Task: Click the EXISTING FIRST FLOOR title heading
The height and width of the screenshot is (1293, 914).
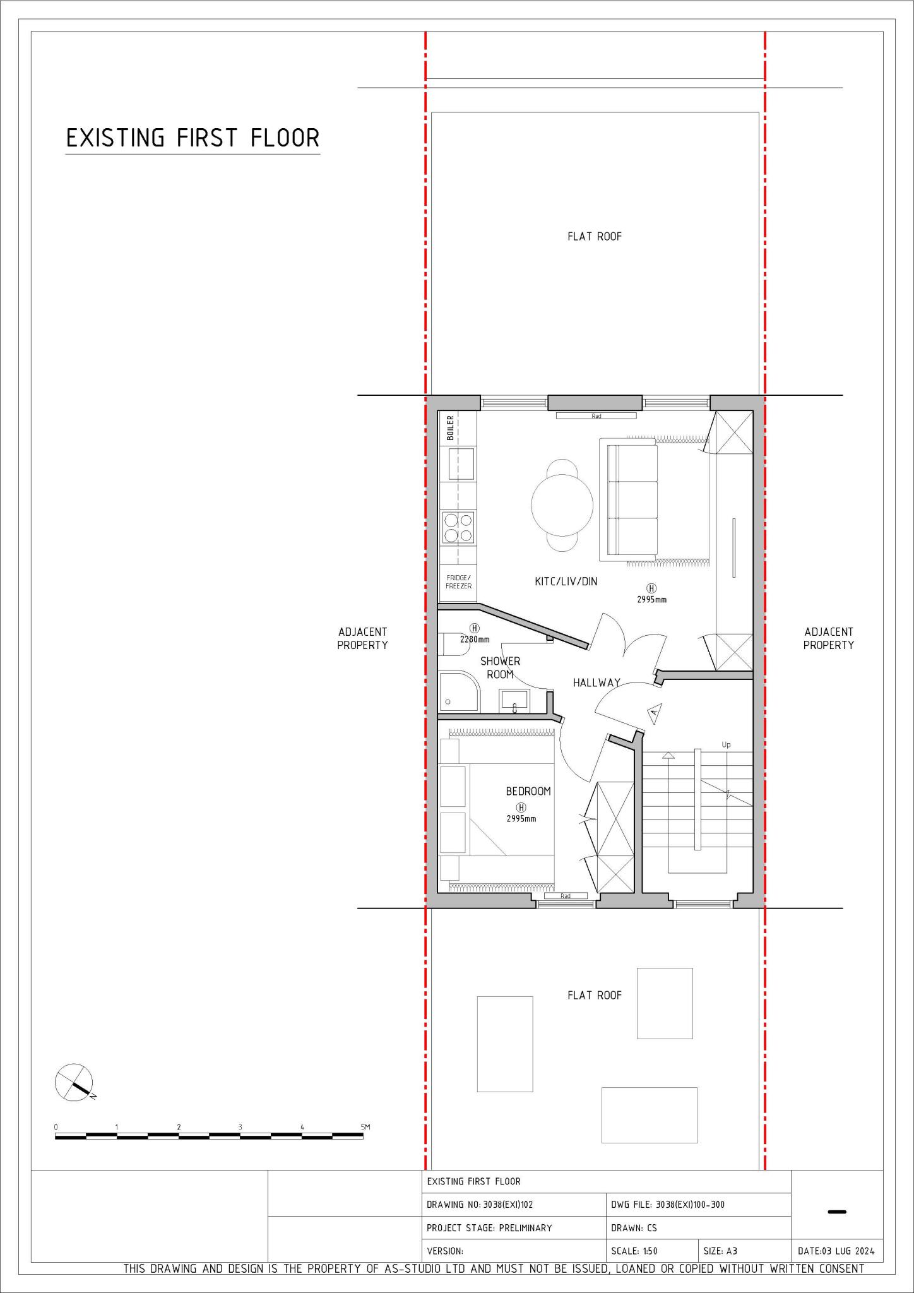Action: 193,138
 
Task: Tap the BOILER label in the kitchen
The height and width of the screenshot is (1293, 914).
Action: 450,427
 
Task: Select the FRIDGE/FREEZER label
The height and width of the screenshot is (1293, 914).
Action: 459,581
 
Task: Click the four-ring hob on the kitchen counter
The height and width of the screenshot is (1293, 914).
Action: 458,528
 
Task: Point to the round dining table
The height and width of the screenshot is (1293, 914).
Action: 562,505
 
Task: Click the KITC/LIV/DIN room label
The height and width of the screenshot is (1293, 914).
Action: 566,581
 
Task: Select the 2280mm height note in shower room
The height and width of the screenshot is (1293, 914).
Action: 475,639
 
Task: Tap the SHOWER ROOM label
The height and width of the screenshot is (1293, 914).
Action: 500,667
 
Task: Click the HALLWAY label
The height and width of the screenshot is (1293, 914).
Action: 596,682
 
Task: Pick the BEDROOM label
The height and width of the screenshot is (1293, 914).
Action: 528,791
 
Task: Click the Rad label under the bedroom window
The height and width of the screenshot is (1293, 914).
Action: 566,896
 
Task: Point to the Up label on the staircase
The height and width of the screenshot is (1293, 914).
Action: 726,745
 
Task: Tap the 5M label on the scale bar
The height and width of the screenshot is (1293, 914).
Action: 365,1127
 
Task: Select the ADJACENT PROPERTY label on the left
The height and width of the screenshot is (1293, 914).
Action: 362,638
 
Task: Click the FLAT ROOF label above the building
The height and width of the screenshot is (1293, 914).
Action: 595,237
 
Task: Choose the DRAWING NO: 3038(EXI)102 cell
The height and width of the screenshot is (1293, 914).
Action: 480,1205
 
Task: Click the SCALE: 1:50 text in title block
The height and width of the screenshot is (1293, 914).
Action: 634,1251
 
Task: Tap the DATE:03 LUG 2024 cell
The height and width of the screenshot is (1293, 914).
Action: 836,1251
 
